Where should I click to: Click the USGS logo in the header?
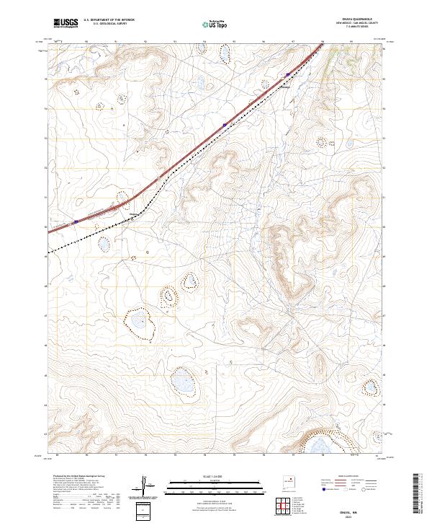pyautogui.click(x=66, y=23)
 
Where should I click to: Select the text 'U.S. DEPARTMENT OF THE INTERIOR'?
pyautogui.click(x=109, y=20)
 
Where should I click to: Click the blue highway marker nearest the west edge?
pyautogui.click(x=76, y=221)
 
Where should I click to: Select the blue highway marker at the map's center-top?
pyautogui.click(x=225, y=124)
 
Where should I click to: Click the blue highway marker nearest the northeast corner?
pyautogui.click(x=287, y=74)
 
